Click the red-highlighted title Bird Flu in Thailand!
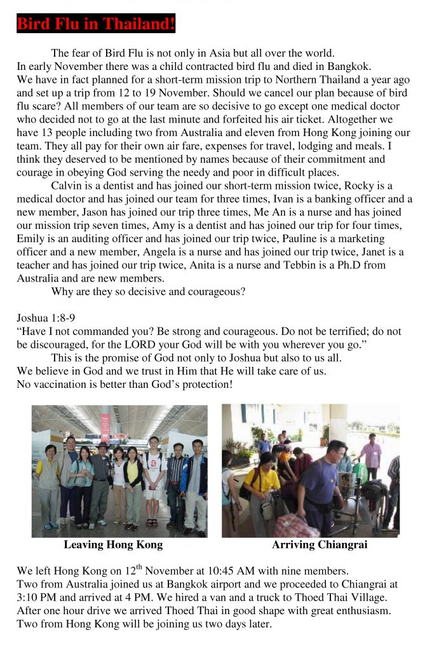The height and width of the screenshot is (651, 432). pyautogui.click(x=95, y=24)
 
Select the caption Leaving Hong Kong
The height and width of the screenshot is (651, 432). pyautogui.click(x=113, y=545)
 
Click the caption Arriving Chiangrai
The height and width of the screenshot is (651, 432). pyautogui.click(x=320, y=545)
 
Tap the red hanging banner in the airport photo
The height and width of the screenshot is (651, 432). pyautogui.click(x=105, y=426)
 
